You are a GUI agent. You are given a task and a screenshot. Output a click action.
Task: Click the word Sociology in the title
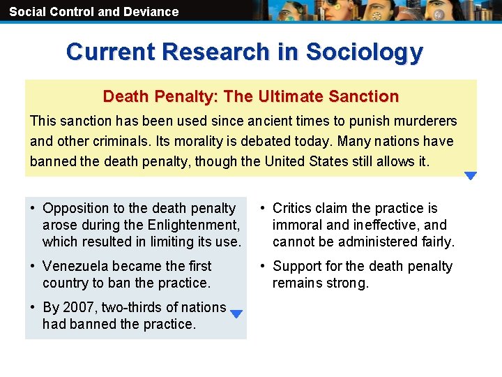(364, 52)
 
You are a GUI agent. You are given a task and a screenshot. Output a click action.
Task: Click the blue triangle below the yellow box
(471, 176)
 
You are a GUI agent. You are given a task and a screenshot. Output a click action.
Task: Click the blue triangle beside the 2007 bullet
(236, 314)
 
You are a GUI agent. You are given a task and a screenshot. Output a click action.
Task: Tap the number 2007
(75, 307)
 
